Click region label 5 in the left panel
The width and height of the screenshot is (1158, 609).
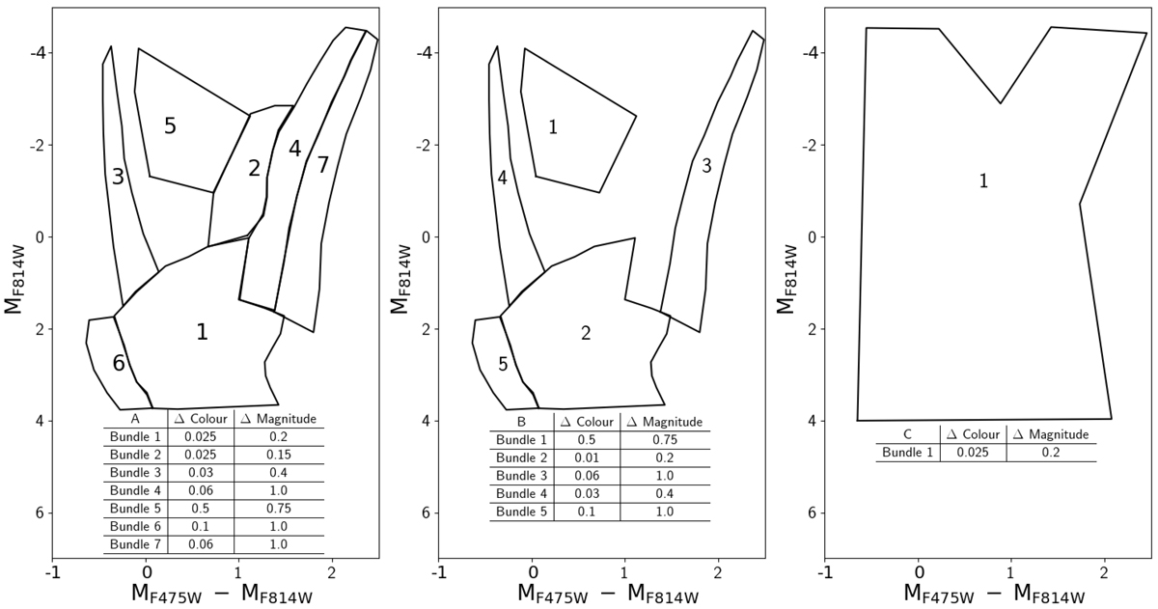pyautogui.click(x=170, y=126)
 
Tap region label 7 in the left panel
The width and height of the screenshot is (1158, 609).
pyautogui.click(x=322, y=165)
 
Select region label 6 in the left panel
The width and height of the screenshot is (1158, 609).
pyautogui.click(x=119, y=364)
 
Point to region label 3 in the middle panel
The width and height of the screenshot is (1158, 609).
pyautogui.click(x=706, y=166)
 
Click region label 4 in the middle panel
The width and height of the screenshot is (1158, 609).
pyautogui.click(x=502, y=178)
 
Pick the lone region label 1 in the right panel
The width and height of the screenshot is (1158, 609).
pyautogui.click(x=983, y=180)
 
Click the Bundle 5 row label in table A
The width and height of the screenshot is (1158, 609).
pyautogui.click(x=135, y=509)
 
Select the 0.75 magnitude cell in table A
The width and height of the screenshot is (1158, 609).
pyautogui.click(x=279, y=509)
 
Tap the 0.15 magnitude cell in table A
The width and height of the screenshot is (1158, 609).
pyautogui.click(x=279, y=455)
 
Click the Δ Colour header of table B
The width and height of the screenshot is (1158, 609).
pyautogui.click(x=587, y=422)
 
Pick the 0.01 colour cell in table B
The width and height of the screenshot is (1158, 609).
pyautogui.click(x=587, y=458)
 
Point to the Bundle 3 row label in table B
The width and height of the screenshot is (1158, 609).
pyautogui.click(x=522, y=476)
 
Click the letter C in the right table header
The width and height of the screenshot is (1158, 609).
pyautogui.click(x=907, y=434)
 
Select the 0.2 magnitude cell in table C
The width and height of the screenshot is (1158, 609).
pyautogui.click(x=1051, y=453)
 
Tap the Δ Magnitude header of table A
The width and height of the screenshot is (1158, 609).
pyautogui.click(x=279, y=419)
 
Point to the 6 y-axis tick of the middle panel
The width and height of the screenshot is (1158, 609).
pyautogui.click(x=426, y=512)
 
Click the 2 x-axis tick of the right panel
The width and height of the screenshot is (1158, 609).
pyautogui.click(x=1104, y=573)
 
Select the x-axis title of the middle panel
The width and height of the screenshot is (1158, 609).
pyautogui.click(x=608, y=594)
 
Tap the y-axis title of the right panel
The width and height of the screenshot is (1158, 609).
pyautogui.click(x=786, y=280)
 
